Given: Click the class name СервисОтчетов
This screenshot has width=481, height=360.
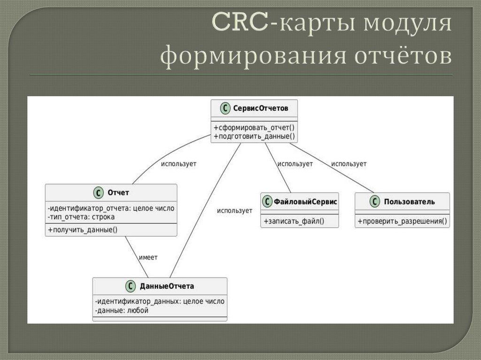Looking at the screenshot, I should coord(261,108).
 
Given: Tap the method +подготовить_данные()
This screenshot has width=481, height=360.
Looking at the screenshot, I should coord(254,137).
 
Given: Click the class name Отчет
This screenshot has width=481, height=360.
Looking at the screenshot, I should coord(118,192).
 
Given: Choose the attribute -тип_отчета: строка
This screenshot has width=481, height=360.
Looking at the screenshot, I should coord(81,217).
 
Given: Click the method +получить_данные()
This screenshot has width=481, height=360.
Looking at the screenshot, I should coord(82,230).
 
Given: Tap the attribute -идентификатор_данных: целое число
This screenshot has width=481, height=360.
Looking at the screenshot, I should coord(159,301).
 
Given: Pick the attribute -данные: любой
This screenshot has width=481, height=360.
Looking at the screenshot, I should coord(122,310).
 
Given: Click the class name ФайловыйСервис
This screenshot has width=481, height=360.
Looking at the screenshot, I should coord(306,202).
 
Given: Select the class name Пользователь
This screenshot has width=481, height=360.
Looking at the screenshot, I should coord(409,202).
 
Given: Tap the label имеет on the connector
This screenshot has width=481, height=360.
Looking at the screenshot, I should coord(148,257).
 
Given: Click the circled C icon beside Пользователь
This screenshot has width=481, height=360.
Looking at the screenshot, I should coord(374,202).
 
